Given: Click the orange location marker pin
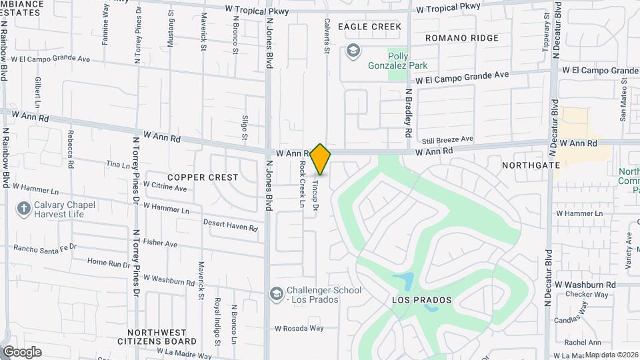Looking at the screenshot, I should pyautogui.click(x=321, y=159).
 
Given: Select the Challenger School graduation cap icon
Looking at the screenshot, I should pyautogui.click(x=275, y=294).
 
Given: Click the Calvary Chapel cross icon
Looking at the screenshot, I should pyautogui.click(x=23, y=209).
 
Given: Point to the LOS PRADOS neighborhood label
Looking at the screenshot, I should pyautogui.click(x=421, y=300).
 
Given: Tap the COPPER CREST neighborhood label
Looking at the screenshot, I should pyautogui.click(x=203, y=177).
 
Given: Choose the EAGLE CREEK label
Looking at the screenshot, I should pyautogui.click(x=369, y=27).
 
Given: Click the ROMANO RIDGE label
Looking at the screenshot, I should pyautogui.click(x=461, y=38).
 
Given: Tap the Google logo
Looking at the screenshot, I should pyautogui.click(x=22, y=352).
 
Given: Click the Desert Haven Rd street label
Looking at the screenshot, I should pyautogui.click(x=231, y=225).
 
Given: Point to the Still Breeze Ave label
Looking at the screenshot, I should pyautogui.click(x=447, y=140).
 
